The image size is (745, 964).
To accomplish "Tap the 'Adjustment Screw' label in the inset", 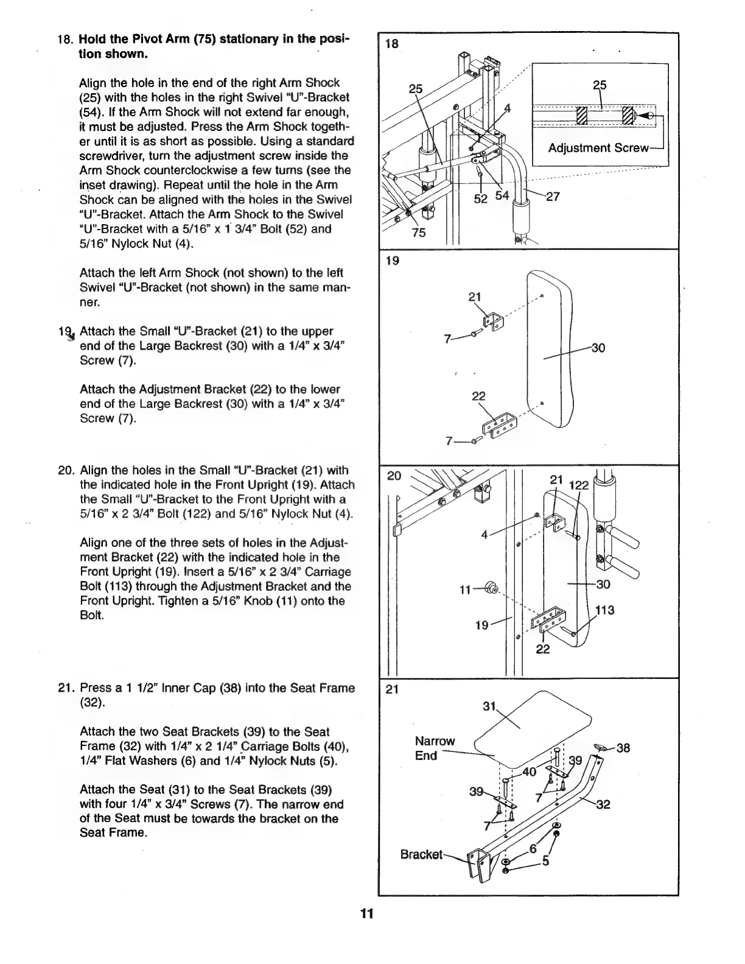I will click(597, 148).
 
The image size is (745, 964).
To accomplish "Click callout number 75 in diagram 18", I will click(419, 233).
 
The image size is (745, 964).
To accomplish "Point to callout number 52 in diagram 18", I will click(481, 199).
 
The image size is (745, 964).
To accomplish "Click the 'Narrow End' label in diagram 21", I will click(434, 748).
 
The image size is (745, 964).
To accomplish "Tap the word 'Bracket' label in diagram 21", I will click(421, 854).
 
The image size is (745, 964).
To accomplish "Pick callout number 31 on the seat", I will click(489, 706).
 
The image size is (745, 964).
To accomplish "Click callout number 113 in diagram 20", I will click(606, 610).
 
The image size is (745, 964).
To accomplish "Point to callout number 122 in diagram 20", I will click(579, 485).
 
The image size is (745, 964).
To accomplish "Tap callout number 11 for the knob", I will click(466, 589).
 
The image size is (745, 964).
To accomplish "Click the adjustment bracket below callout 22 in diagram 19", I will click(498, 423).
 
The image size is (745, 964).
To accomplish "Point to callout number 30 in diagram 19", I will click(598, 348).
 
